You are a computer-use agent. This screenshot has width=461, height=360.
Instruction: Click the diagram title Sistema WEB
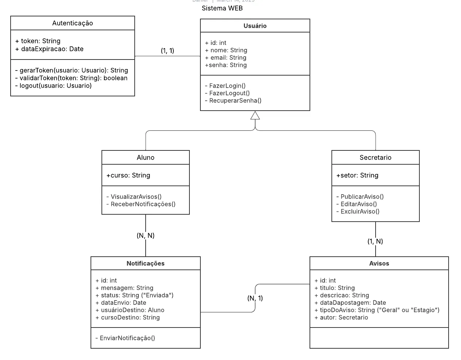click(x=222, y=8)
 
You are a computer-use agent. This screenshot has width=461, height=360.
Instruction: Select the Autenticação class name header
click(x=72, y=23)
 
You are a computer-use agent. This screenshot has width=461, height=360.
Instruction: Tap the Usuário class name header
click(x=255, y=26)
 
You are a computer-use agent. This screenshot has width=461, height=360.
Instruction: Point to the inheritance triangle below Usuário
click(x=255, y=116)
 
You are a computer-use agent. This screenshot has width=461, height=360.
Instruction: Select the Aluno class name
click(x=145, y=157)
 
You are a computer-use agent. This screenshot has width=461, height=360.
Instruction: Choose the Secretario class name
click(x=375, y=157)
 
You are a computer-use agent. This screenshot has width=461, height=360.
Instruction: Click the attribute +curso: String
click(x=128, y=175)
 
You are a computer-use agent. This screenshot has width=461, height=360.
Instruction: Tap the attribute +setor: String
click(x=357, y=175)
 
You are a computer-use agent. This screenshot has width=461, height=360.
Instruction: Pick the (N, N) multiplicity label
click(x=145, y=235)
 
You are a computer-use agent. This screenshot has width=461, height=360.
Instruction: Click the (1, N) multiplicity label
click(x=375, y=241)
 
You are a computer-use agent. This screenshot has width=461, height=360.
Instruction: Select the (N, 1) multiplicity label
click(x=255, y=298)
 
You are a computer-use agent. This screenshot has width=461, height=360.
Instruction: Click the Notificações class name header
click(x=145, y=263)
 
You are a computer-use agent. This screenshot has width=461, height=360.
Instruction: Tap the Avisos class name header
click(x=379, y=263)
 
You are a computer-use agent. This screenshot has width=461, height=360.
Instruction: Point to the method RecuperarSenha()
click(x=233, y=100)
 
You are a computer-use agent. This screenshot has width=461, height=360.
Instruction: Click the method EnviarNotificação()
click(x=125, y=338)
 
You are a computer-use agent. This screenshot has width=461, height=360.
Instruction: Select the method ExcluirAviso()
click(x=358, y=211)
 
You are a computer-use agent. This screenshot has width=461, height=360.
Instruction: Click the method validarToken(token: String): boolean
click(x=71, y=78)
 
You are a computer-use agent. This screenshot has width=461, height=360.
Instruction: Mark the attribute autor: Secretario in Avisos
click(x=341, y=317)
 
